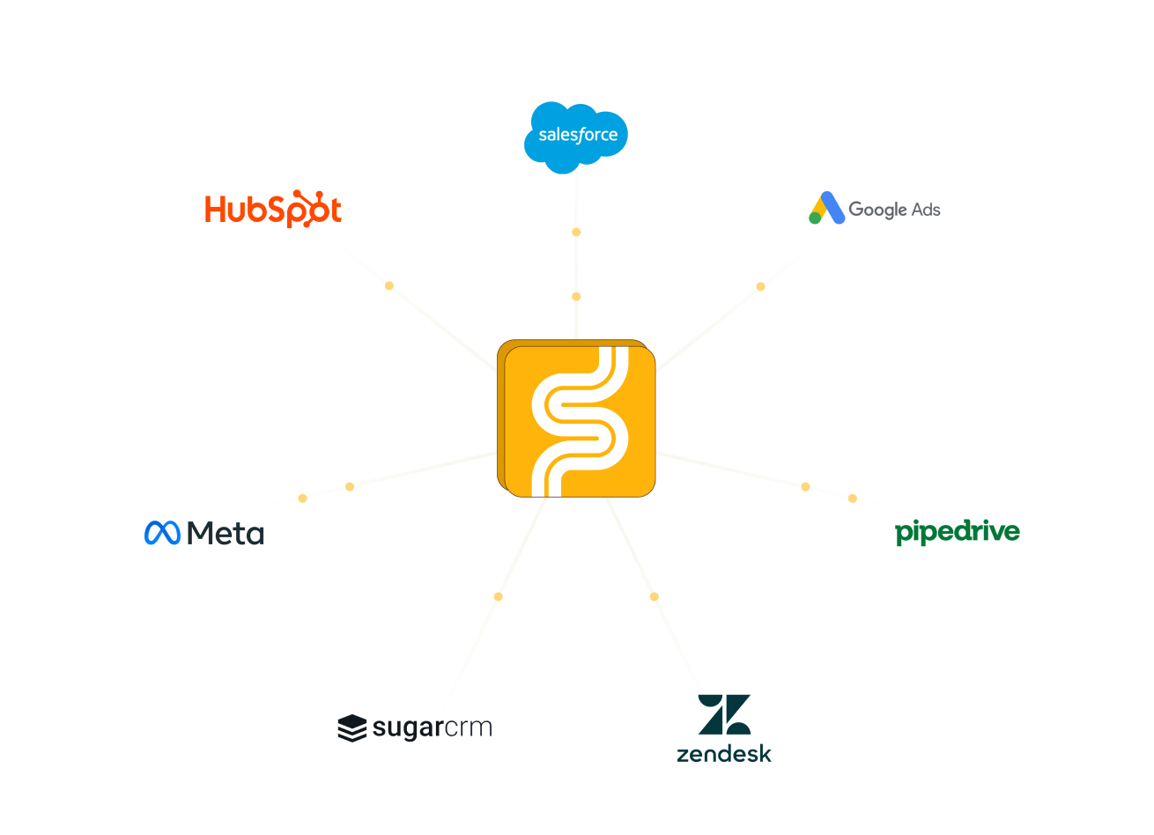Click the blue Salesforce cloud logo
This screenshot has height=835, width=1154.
click(x=576, y=137)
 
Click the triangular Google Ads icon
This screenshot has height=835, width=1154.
click(x=826, y=209)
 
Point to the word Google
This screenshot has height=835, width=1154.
click(x=877, y=210)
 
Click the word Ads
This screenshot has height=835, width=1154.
click(x=926, y=210)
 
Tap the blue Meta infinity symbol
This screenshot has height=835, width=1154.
click(x=162, y=533)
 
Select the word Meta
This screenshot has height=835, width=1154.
click(x=226, y=533)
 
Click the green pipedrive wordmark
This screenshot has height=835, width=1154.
click(x=958, y=532)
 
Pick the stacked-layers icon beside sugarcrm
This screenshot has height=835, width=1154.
click(x=351, y=728)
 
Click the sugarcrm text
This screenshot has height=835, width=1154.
click(x=432, y=728)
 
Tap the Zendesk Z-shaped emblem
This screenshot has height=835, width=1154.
click(x=724, y=714)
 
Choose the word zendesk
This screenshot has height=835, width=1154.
click(x=724, y=754)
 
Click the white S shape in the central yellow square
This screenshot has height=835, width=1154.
click(x=580, y=421)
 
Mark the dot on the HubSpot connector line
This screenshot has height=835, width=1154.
click(x=389, y=285)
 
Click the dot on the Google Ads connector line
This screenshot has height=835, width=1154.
click(x=760, y=286)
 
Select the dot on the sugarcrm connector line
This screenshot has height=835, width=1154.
click(x=499, y=596)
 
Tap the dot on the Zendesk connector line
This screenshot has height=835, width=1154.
click(x=654, y=596)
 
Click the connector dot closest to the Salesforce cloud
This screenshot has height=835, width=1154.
click(x=576, y=233)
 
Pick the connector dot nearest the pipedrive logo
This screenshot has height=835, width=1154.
click(x=853, y=499)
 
